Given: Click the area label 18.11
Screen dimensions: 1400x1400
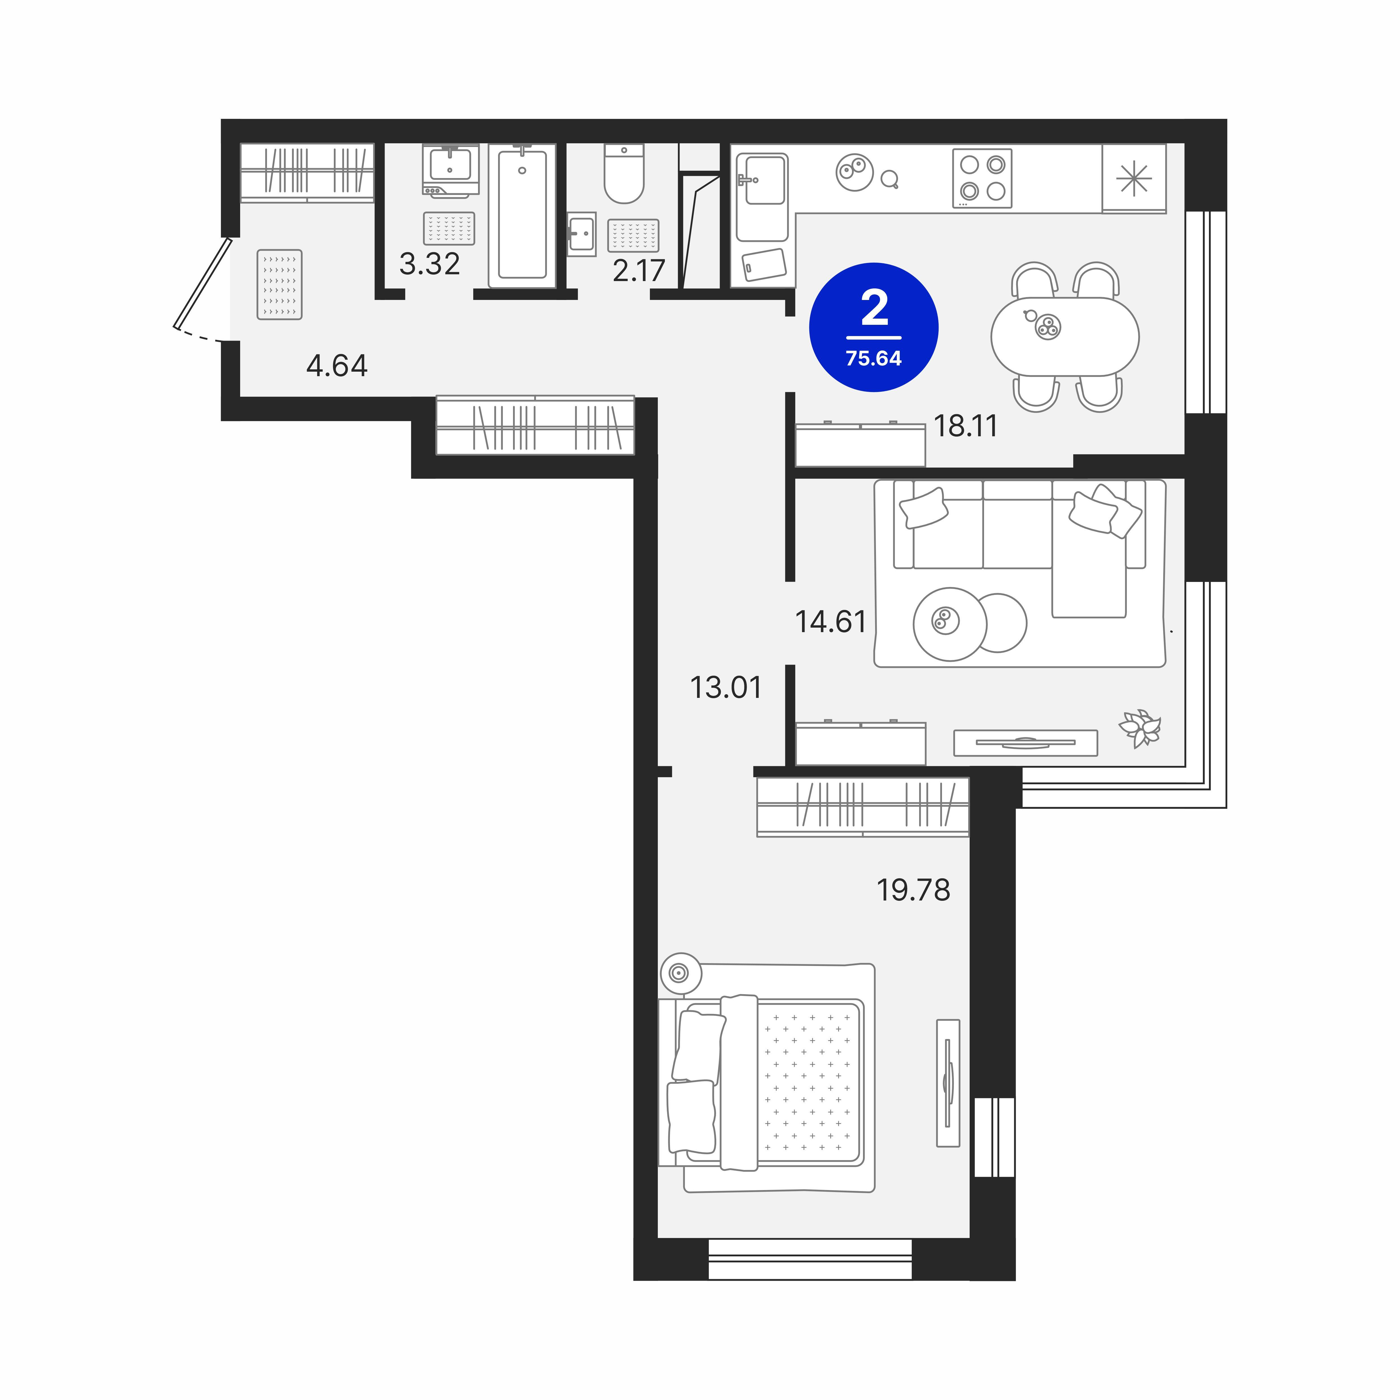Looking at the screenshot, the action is click(x=965, y=426).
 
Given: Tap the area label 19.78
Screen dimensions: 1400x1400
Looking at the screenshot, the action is click(x=913, y=890).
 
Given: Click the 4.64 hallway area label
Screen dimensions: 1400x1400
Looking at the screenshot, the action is click(x=337, y=366).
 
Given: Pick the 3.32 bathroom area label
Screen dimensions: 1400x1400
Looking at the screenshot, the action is click(x=430, y=264).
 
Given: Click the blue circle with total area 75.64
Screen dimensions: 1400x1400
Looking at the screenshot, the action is click(x=874, y=328).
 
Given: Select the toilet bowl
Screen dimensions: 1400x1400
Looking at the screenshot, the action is click(x=624, y=174).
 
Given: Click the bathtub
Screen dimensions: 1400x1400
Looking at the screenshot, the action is click(x=522, y=216).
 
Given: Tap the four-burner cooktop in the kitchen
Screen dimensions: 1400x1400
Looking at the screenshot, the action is click(x=982, y=178).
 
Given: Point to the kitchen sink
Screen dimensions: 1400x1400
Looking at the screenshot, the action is click(x=762, y=197).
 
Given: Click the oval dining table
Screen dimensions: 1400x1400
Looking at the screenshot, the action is click(x=1064, y=337).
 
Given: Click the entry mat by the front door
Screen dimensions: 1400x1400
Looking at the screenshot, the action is click(x=280, y=285).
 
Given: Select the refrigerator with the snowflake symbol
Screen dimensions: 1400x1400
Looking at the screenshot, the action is click(x=1134, y=178).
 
